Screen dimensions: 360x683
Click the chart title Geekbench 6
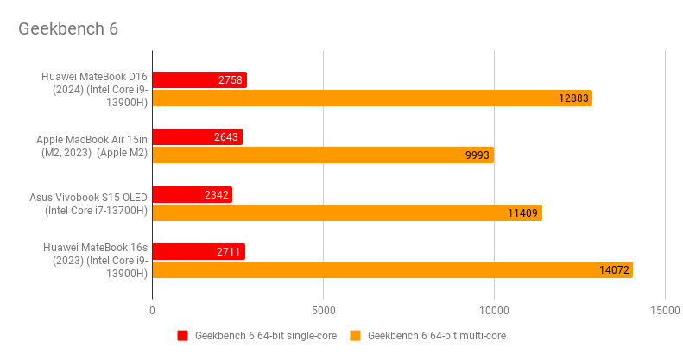68,28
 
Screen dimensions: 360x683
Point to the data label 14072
614,270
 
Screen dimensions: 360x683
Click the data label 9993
477,155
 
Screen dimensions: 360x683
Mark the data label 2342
216,195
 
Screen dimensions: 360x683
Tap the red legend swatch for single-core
182,336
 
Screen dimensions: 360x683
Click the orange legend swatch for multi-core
355,336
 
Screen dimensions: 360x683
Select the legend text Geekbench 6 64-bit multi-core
437,336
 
